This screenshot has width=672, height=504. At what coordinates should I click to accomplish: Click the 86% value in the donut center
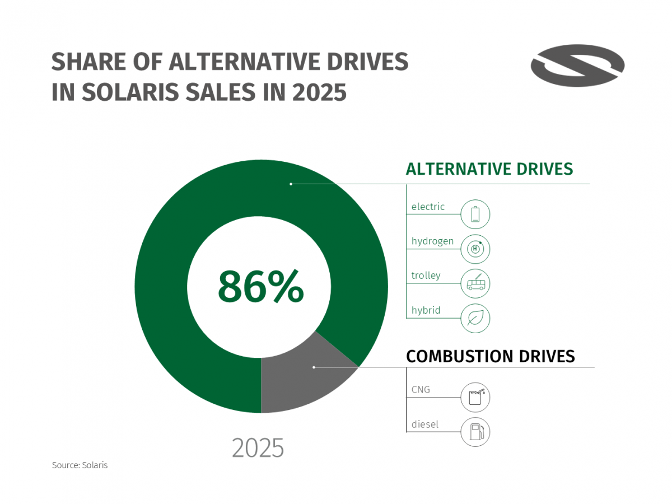click(x=261, y=287)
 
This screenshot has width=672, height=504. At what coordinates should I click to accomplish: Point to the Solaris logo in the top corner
click(x=577, y=66)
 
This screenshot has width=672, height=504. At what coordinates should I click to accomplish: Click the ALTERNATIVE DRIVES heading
click(x=489, y=169)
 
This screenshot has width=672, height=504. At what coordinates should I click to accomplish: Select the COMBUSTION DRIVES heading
click(x=490, y=356)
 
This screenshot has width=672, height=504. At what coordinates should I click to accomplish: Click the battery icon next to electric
click(x=475, y=214)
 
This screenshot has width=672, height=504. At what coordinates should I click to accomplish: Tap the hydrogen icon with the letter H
click(x=475, y=249)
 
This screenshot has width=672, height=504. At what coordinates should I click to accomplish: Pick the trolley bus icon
click(x=475, y=284)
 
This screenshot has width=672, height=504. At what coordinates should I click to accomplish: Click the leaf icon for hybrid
click(x=475, y=319)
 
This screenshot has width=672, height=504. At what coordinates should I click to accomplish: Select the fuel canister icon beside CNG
click(x=475, y=398)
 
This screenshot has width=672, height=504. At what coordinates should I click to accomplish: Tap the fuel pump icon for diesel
click(x=475, y=432)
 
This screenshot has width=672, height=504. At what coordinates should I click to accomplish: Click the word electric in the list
click(x=428, y=207)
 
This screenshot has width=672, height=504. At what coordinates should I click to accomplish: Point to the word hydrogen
click(x=432, y=241)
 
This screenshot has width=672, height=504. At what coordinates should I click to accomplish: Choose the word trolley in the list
click(x=426, y=276)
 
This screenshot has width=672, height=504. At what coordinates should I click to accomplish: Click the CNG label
click(x=421, y=389)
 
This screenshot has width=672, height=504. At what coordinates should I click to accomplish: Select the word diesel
click(x=425, y=424)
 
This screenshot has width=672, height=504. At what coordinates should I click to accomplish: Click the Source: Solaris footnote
click(x=80, y=465)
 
